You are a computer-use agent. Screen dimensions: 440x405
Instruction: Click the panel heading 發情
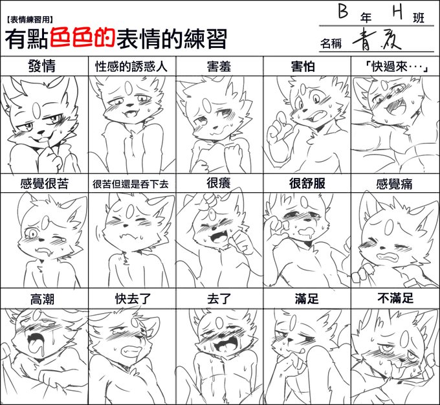click(42, 66)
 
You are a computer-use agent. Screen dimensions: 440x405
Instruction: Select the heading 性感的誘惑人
click(131, 67)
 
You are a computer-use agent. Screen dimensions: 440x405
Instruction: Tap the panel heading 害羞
click(219, 67)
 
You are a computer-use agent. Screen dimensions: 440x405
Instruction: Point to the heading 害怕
click(303, 67)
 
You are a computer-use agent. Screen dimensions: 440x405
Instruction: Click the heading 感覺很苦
click(45, 184)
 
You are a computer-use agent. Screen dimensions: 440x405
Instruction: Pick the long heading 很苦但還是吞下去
click(131, 184)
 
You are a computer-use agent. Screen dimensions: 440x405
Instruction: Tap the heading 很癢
click(219, 183)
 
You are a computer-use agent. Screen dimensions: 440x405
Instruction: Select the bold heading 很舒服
click(307, 183)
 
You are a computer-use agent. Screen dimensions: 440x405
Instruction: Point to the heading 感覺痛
click(394, 184)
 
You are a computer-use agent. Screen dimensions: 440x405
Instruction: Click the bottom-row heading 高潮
click(42, 299)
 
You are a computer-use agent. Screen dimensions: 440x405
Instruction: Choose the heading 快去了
click(133, 299)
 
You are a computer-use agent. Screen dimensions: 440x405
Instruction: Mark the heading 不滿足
click(395, 298)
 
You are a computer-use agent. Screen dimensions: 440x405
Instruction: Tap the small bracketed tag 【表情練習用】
click(30, 19)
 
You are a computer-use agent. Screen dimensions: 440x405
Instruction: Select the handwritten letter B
click(343, 11)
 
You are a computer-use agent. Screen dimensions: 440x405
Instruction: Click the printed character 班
click(419, 18)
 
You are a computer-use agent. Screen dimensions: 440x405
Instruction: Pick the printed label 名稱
click(331, 43)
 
